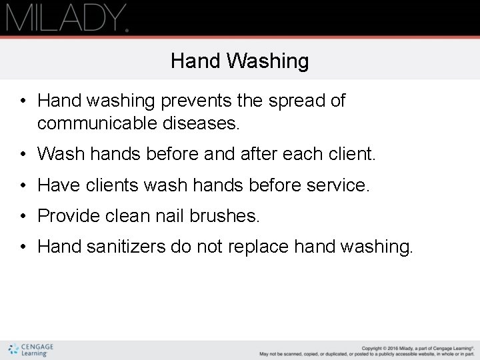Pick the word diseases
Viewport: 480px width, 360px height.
(204, 123)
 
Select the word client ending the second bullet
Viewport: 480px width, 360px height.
(353, 155)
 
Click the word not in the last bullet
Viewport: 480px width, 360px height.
(211, 247)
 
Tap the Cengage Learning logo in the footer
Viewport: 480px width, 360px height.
(31, 349)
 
